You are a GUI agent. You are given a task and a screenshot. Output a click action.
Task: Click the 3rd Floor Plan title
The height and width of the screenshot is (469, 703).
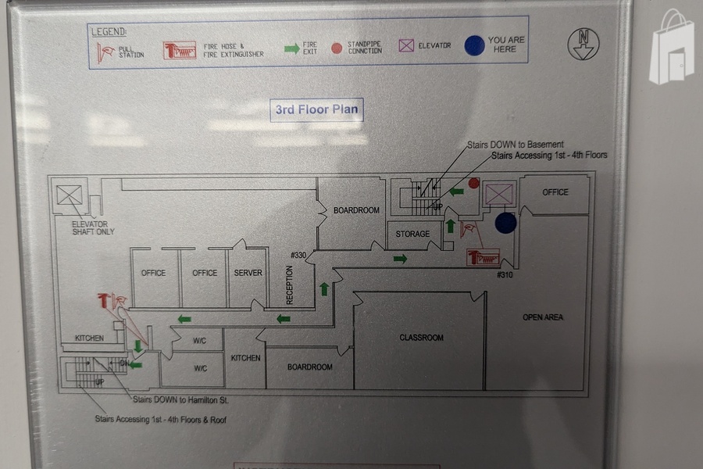[317, 109]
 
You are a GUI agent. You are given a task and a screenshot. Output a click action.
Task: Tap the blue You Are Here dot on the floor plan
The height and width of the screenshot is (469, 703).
[506, 224]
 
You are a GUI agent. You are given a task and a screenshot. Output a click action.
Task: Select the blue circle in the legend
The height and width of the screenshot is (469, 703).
[475, 46]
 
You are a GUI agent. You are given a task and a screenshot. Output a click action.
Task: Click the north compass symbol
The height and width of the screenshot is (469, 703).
[583, 45]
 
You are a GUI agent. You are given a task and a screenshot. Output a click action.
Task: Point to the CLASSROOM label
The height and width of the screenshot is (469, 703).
[421, 338]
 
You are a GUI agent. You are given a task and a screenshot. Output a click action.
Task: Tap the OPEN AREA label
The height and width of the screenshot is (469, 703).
[543, 317]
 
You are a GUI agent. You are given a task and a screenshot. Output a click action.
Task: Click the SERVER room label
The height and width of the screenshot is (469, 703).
[248, 273]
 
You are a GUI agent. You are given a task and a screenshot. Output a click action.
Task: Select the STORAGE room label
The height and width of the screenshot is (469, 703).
[412, 234]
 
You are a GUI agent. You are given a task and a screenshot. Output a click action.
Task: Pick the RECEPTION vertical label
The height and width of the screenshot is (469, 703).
[290, 285]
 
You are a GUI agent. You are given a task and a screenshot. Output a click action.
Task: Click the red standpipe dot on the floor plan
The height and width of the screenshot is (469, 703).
[473, 183]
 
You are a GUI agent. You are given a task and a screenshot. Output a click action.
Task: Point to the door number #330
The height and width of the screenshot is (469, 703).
[298, 255]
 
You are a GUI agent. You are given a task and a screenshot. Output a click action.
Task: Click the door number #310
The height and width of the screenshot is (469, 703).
[505, 274]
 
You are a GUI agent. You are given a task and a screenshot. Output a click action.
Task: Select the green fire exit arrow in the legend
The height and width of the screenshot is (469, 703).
[291, 48]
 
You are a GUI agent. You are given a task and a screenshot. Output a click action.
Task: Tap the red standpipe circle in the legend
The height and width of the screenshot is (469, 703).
[337, 48]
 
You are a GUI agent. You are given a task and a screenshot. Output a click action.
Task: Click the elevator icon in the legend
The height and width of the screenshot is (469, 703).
[406, 46]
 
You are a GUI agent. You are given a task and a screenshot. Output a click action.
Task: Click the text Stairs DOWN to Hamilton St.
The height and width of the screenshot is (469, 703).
[180, 399]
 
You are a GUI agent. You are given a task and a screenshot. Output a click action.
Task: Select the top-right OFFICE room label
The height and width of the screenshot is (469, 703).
[555, 192]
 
